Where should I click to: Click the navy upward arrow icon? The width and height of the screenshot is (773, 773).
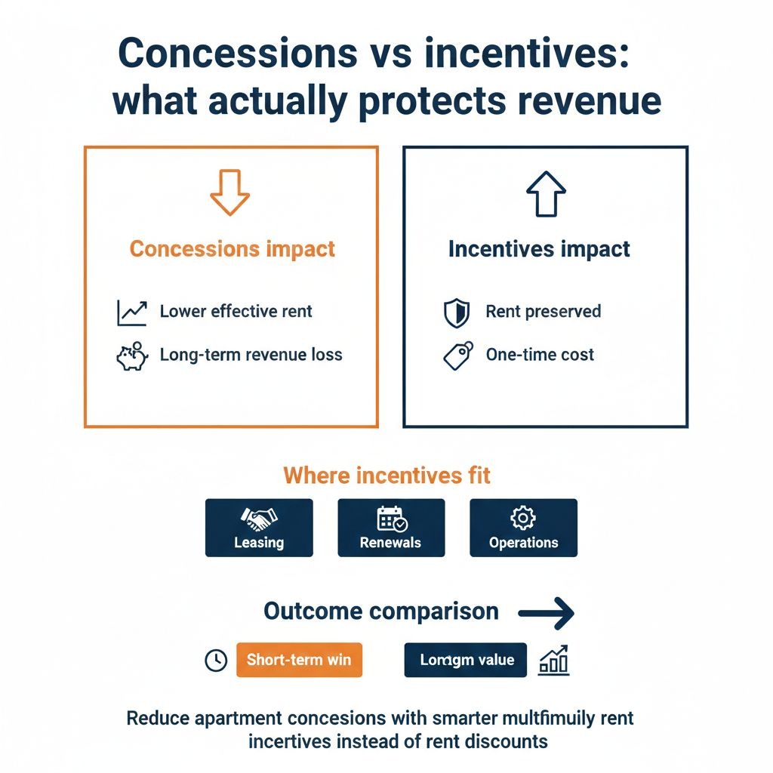pos(545,194)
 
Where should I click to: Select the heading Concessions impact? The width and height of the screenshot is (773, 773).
pos(233,249)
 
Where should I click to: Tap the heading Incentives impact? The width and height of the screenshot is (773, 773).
pos(539,249)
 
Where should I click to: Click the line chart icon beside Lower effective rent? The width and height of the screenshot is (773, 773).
pos(131,312)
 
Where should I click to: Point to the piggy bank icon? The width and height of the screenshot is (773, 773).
pos(131,356)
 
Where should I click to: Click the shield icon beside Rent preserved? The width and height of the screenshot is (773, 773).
pos(457,313)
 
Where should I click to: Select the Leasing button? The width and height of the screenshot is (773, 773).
pos(259,528)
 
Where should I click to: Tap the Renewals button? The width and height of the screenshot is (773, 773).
pos(391,528)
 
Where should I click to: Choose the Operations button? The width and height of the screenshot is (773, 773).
pos(523,528)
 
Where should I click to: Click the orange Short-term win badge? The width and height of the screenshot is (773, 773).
pos(299,660)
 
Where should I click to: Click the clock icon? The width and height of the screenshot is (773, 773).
pos(216,661)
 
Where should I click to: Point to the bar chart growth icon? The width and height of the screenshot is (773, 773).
pos(553,661)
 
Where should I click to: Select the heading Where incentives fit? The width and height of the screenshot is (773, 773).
pos(386,476)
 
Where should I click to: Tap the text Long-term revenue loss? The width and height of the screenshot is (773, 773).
pos(251,355)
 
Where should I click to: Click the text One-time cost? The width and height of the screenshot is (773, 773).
pos(540,355)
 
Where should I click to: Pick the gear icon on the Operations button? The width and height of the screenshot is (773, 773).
pos(523,518)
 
